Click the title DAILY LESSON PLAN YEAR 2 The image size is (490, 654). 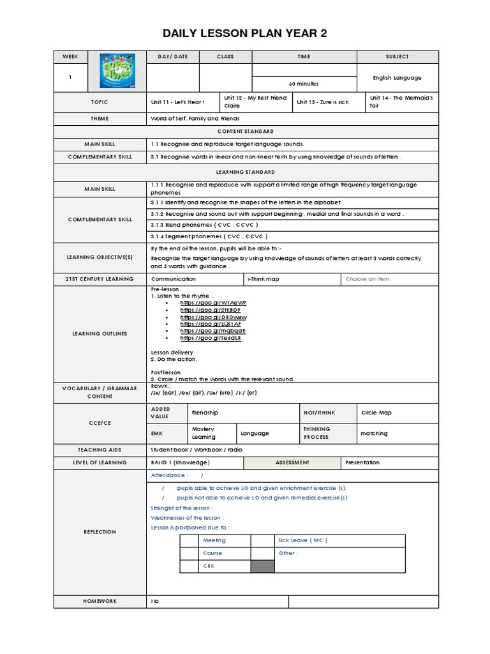click(x=245, y=34)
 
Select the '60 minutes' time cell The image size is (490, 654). click(x=304, y=84)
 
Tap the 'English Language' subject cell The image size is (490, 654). click(x=397, y=78)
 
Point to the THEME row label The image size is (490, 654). click(x=100, y=119)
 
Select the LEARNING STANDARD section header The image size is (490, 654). click(x=245, y=172)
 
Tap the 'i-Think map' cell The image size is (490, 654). click(x=263, y=279)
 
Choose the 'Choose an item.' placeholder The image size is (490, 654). click(x=369, y=279)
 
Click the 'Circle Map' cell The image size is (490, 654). click(x=376, y=413)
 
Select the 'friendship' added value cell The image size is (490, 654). click(x=205, y=413)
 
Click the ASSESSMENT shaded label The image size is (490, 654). click(x=292, y=462)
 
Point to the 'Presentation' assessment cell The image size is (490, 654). click(x=362, y=462)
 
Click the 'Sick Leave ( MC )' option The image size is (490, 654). click(x=303, y=540)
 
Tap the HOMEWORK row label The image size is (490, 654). click(x=100, y=602)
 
